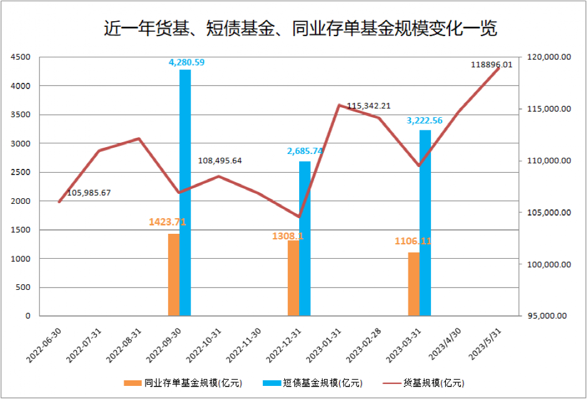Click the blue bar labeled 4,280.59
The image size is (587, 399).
tap(185, 193)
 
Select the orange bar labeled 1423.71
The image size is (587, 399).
tap(174, 275)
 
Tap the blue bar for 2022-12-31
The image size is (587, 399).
tap(305, 239)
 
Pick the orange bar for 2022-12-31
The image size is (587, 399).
tap(293, 278)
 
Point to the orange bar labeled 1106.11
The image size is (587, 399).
tap(413, 284)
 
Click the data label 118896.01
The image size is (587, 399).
tap(491, 64)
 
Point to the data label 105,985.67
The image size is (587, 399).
tap(89, 193)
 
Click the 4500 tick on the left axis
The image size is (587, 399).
tap(21, 57)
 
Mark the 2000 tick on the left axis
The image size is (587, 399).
tap(21, 201)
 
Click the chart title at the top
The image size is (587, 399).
tap(300, 29)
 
